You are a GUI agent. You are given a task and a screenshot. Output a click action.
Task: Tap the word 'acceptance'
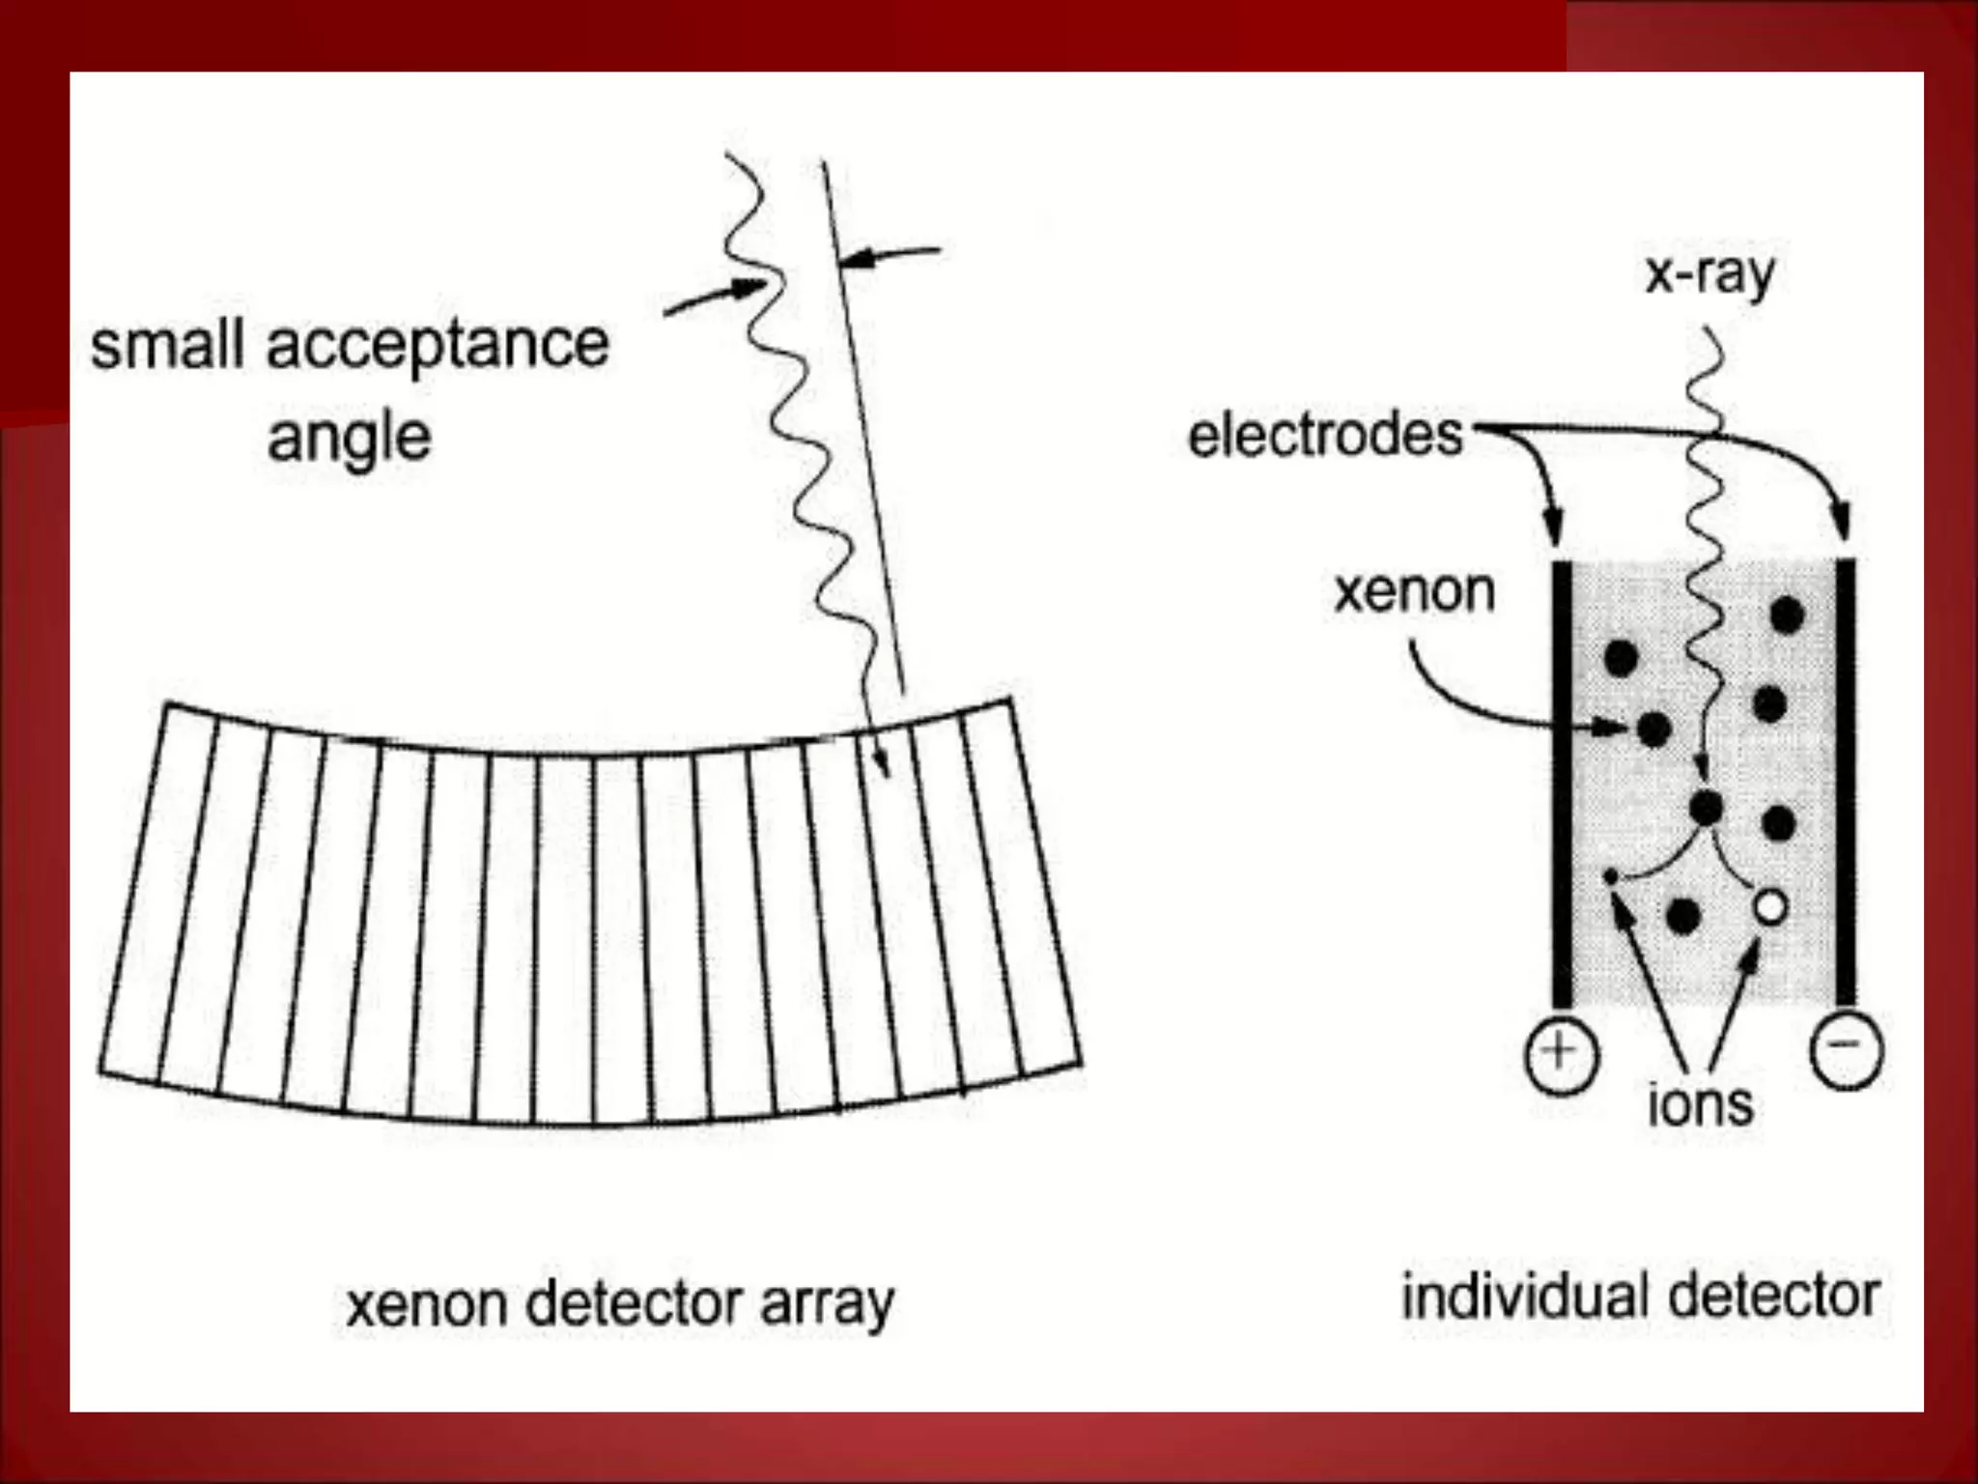[438, 346]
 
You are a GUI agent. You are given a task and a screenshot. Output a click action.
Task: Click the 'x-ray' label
[1710, 274]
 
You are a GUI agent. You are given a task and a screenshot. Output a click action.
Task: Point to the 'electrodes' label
[1325, 436]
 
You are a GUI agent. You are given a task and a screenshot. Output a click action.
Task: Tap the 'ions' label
[1700, 1104]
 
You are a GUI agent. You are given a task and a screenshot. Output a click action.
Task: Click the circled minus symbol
[1846, 1049]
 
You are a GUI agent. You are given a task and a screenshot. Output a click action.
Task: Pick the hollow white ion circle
[1770, 907]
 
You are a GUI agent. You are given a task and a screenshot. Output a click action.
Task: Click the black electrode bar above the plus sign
[1562, 783]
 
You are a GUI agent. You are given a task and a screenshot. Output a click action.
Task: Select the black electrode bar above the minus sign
[1845, 783]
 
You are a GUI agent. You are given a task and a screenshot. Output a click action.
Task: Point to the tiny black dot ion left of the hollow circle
[1610, 877]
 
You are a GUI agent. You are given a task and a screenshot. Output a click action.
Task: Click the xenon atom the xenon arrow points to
[1654, 728]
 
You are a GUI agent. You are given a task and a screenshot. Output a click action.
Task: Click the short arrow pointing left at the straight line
[889, 255]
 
